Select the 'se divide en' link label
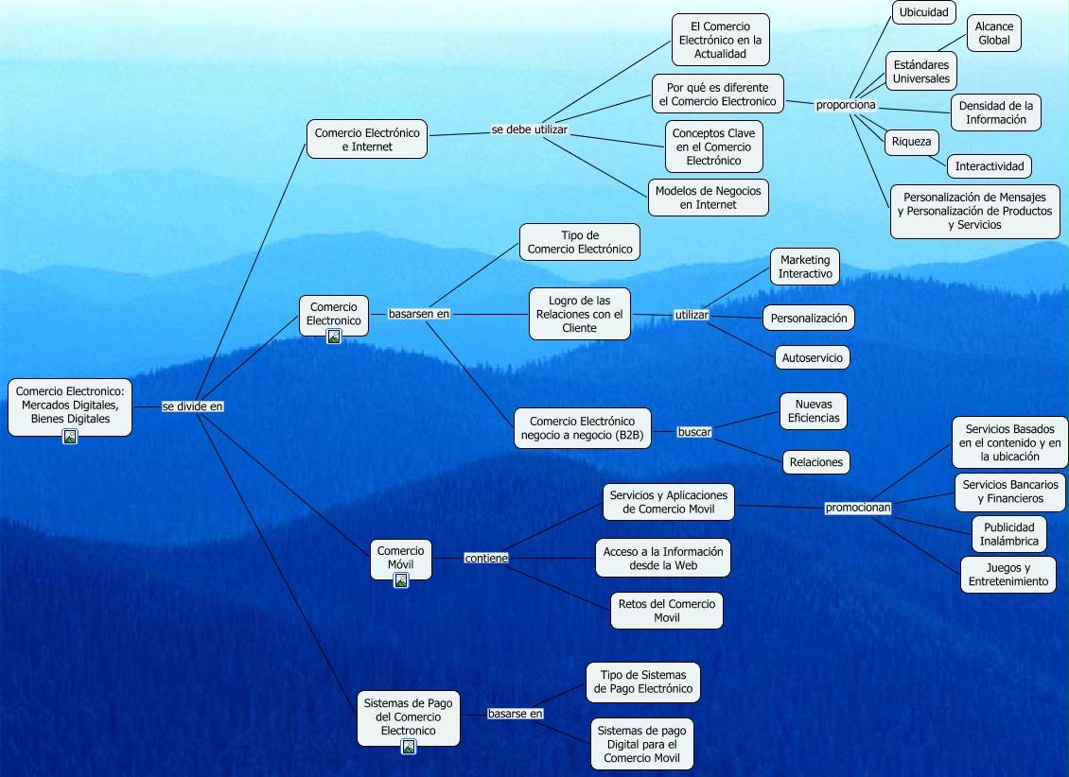[193, 406]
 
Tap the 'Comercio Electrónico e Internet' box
[366, 140]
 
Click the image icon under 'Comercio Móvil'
[401, 580]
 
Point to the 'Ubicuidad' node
[924, 12]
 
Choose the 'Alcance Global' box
[993, 33]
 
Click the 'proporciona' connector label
[846, 104]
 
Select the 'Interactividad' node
[989, 166]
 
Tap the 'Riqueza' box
[912, 143]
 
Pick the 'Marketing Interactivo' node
[805, 267]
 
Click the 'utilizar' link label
[692, 314]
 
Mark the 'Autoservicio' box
[812, 357]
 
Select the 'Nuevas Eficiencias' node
[813, 410]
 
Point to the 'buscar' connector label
[694, 432]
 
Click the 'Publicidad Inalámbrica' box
[1009, 534]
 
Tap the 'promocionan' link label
[858, 508]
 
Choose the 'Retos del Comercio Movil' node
[667, 611]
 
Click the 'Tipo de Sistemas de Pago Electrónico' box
[643, 682]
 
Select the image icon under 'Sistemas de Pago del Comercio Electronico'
[409, 747]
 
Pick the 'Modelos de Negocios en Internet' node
[708, 198]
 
